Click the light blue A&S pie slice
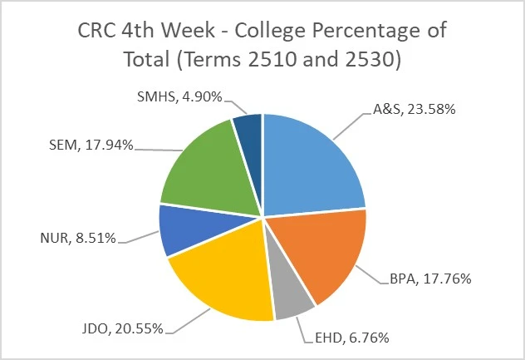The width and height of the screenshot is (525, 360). pyautogui.click(x=312, y=162)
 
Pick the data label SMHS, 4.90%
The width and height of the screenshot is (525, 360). pyautogui.click(x=179, y=97)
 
